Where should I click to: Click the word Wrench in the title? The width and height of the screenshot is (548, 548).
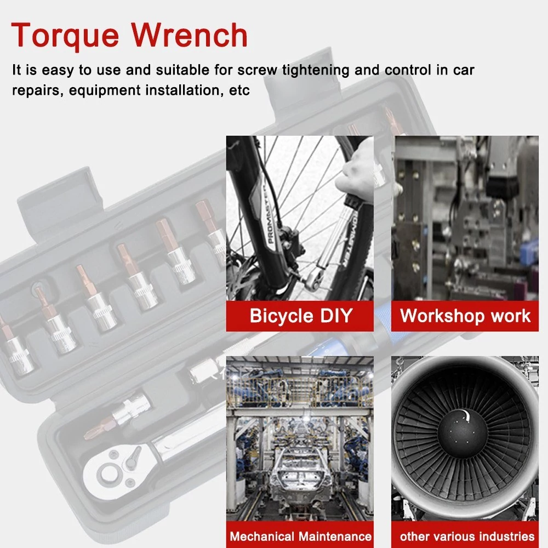189,35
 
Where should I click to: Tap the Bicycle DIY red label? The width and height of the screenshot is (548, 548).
300,316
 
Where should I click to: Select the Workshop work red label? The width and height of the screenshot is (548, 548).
465,316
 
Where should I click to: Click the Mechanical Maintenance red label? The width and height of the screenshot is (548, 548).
300,535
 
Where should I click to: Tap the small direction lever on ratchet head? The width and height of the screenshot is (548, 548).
133,459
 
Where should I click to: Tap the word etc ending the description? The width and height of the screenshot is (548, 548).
239,90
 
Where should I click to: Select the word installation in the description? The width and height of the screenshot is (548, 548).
184,90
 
